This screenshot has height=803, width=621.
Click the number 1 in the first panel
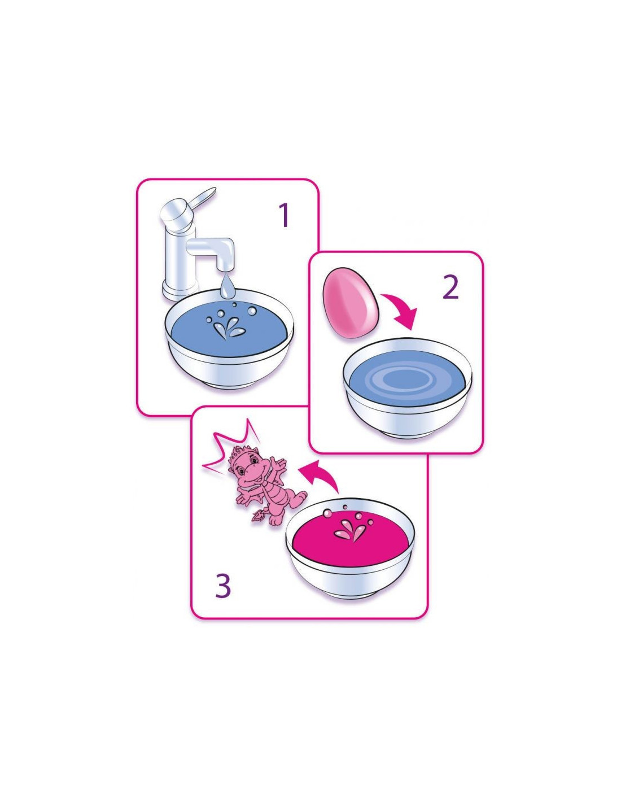[x=284, y=216]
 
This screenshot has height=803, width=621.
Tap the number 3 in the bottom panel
[x=223, y=585]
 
